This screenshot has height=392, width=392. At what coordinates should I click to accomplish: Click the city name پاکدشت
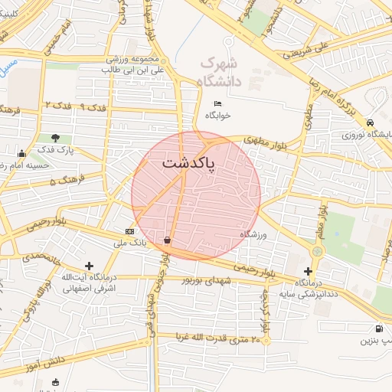(x=188, y=163)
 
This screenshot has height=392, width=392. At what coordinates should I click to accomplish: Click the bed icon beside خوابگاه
(x=218, y=104)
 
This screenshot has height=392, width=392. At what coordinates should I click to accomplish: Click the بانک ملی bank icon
(x=129, y=231)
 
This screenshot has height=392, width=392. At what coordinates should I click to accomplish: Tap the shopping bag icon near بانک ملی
(x=167, y=240)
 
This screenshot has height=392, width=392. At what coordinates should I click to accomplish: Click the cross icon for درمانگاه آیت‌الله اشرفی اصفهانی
(x=90, y=265)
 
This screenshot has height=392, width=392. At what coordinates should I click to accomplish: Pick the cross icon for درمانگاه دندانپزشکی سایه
(x=308, y=271)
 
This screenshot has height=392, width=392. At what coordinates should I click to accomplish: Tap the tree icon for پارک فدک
(x=55, y=139)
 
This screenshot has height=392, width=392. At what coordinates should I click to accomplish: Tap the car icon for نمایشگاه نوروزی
(x=371, y=122)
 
